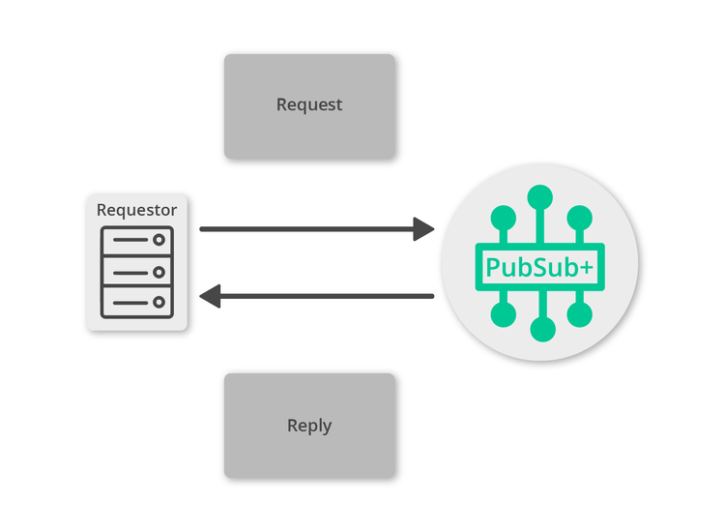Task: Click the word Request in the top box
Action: [x=309, y=104]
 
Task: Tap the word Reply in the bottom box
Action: [x=309, y=426]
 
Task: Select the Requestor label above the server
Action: [x=137, y=209]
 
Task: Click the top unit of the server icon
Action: [x=137, y=239]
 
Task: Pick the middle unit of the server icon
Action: [x=137, y=272]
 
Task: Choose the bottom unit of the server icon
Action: [x=137, y=304]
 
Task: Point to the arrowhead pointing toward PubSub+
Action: [x=423, y=229]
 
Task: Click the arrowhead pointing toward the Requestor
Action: [x=211, y=296]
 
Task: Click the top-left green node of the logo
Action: [x=502, y=217]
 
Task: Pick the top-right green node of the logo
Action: [x=579, y=217]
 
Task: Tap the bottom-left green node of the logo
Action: [x=502, y=314]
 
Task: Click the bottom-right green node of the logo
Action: [x=579, y=314]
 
